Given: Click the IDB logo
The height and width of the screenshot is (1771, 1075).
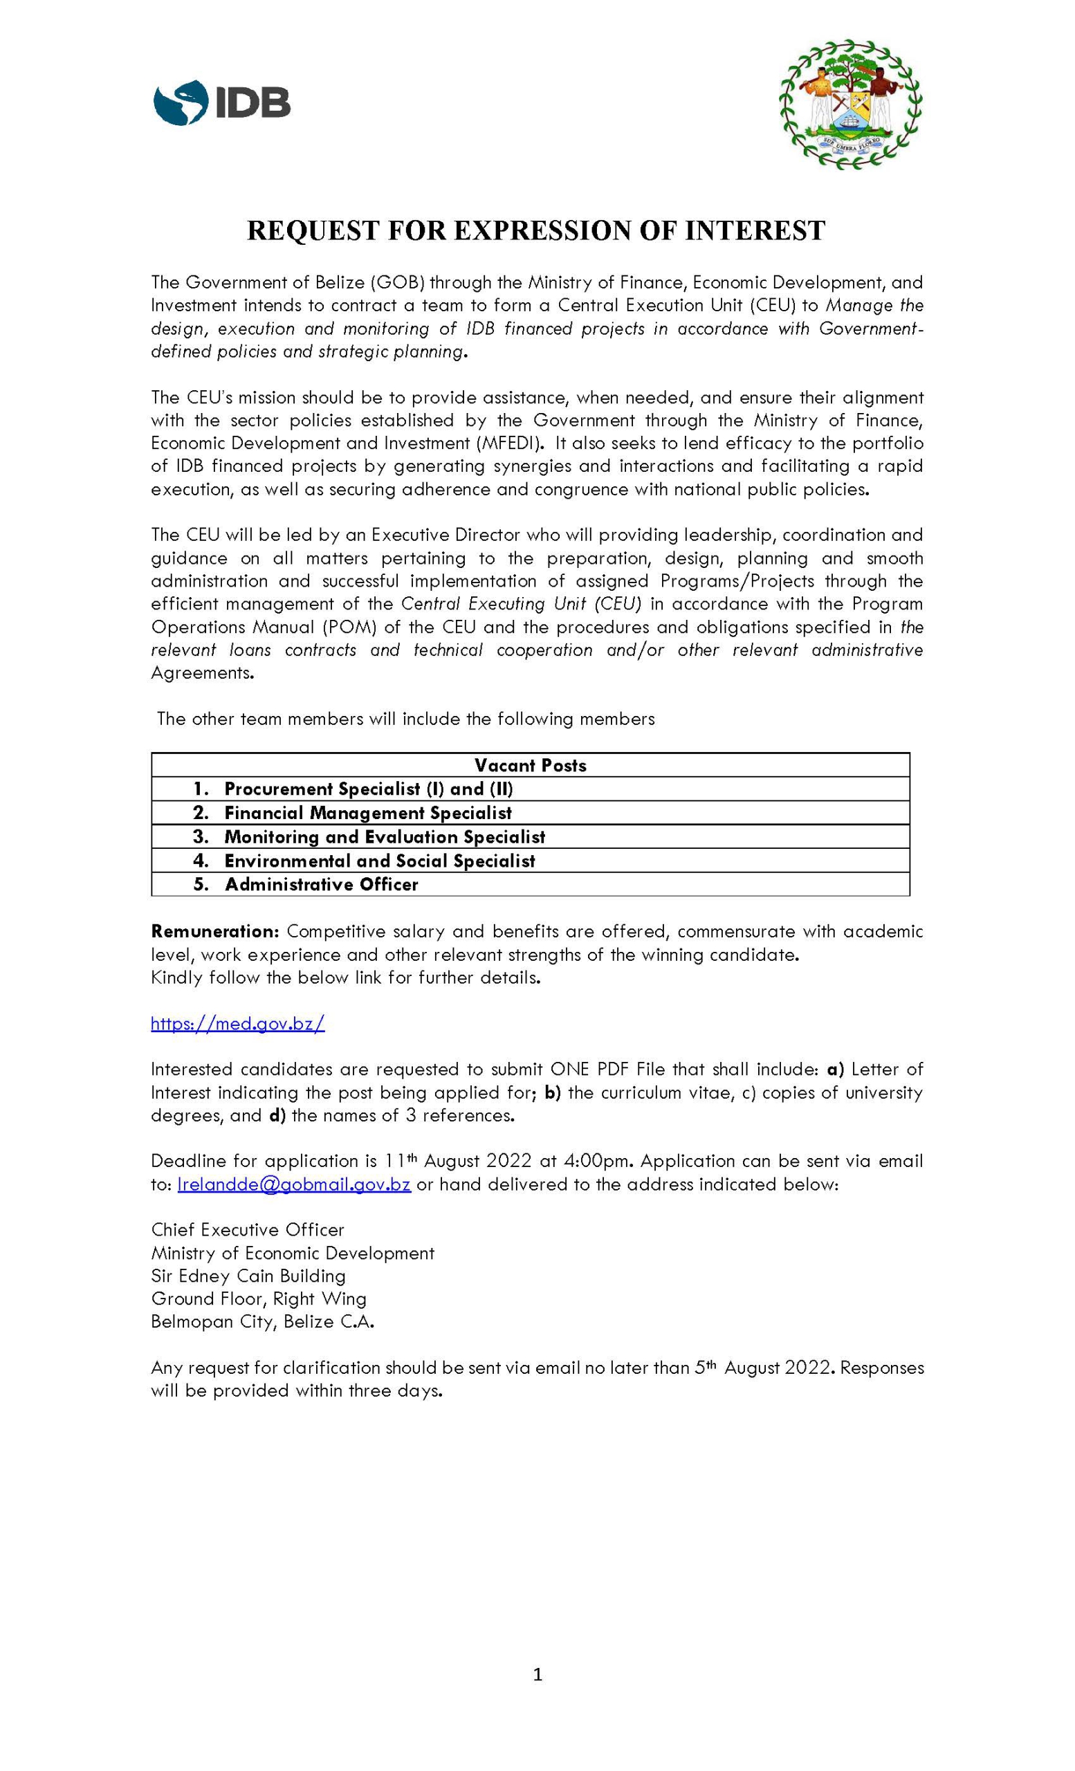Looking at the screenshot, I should pyautogui.click(x=221, y=103).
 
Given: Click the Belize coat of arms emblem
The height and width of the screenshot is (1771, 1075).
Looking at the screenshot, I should pyautogui.click(x=850, y=104).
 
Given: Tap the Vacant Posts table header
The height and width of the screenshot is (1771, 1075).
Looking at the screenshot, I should pyautogui.click(x=531, y=765).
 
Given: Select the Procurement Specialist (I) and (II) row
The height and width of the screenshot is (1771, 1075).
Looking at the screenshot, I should pyautogui.click(x=369, y=789).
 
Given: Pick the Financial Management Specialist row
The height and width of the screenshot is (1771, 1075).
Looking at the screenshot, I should pyautogui.click(x=368, y=813).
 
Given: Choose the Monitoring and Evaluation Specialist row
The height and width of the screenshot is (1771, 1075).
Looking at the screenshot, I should pyautogui.click(x=385, y=836).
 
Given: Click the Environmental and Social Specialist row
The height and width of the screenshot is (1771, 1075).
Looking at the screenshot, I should pyautogui.click(x=379, y=861).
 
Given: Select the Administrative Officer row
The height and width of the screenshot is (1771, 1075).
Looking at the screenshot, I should pyautogui.click(x=321, y=885).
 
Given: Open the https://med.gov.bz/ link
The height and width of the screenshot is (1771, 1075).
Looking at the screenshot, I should pyautogui.click(x=238, y=1023).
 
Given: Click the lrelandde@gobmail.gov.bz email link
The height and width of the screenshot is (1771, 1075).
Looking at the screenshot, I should pyautogui.click(x=294, y=1184).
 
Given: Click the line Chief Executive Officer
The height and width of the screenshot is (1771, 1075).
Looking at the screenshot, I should pyautogui.click(x=248, y=1230).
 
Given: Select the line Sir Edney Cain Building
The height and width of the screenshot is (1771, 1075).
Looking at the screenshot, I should pyautogui.click(x=248, y=1276).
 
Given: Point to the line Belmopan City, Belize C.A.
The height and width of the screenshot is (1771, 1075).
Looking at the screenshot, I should pyautogui.click(x=263, y=1322).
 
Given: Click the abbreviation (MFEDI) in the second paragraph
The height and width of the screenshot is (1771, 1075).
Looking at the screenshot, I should pyautogui.click(x=512, y=443).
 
